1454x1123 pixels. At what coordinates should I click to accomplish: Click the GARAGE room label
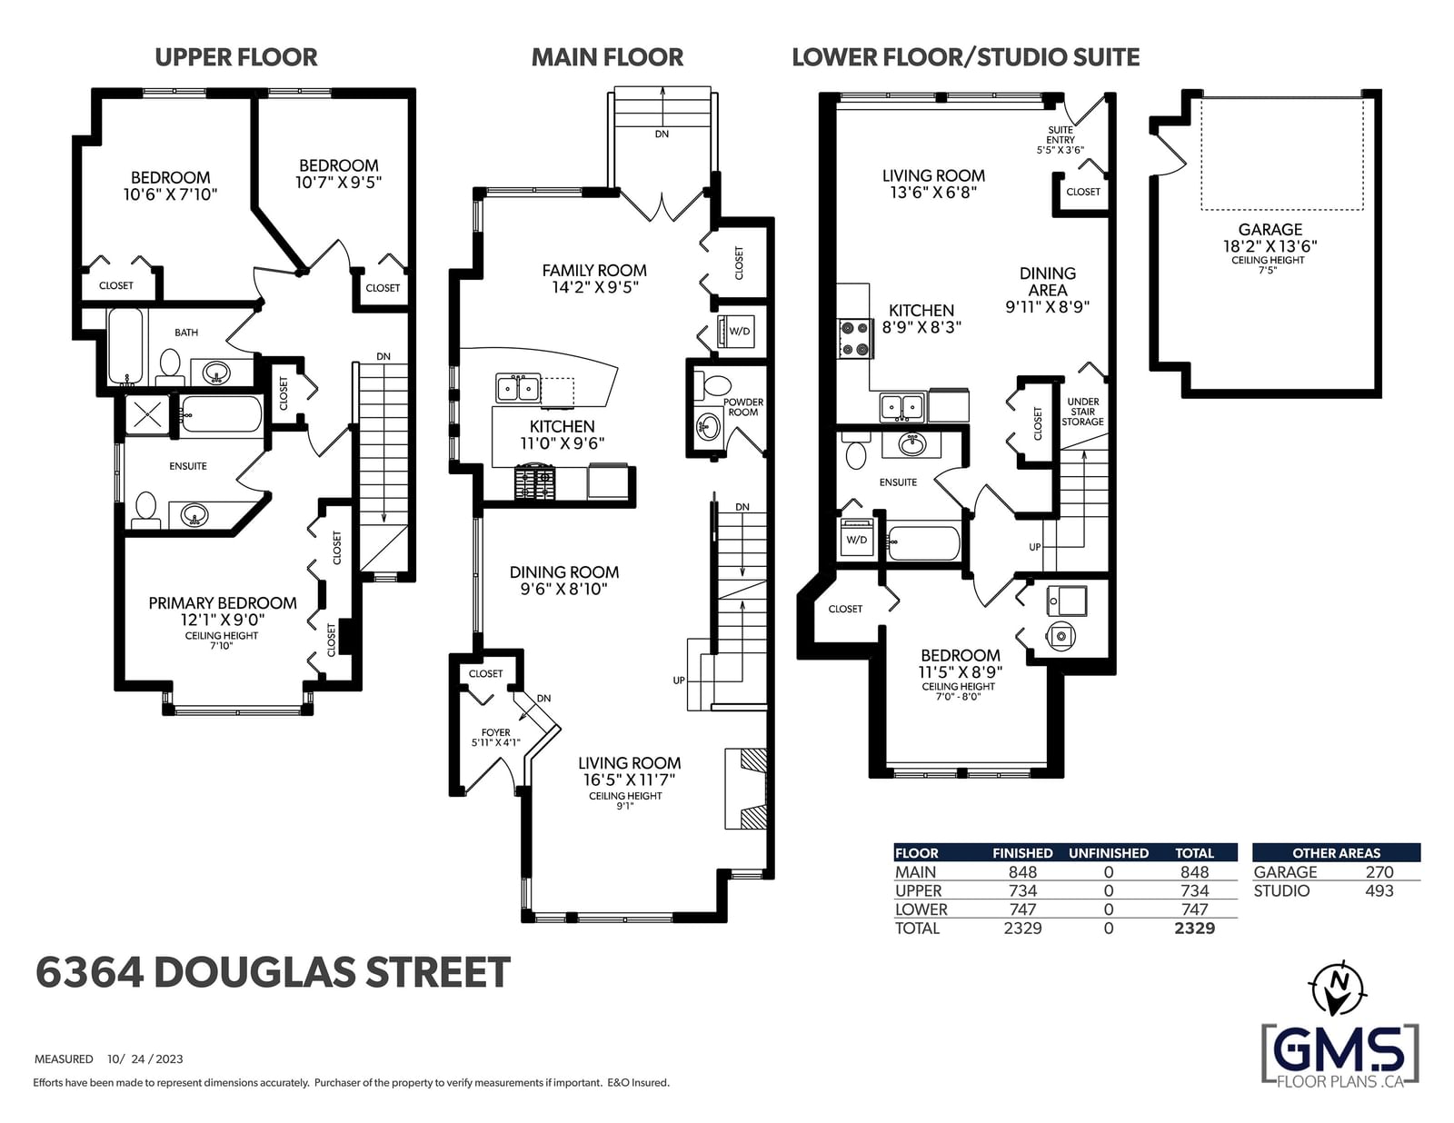tap(1270, 230)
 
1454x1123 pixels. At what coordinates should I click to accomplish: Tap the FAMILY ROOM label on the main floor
tap(594, 271)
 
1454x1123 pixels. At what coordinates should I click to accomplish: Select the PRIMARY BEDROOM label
tap(222, 603)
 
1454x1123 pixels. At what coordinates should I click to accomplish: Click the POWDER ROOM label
tap(742, 407)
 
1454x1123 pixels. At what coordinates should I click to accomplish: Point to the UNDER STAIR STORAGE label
tap(1082, 412)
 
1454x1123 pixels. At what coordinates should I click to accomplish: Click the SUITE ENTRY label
tap(1060, 134)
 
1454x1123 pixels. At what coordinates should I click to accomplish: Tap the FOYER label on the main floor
tap(495, 732)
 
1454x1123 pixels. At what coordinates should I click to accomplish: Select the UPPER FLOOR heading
tap(236, 57)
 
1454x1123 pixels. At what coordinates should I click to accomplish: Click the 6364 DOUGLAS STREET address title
tap(273, 972)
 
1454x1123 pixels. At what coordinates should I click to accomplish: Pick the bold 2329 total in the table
tap(1194, 928)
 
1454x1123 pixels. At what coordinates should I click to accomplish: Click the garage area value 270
tap(1379, 871)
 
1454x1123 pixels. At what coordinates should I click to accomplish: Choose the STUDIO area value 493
tap(1379, 890)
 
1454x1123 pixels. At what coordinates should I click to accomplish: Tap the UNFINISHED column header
tap(1108, 853)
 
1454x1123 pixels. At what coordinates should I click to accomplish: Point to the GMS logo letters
tap(1340, 1050)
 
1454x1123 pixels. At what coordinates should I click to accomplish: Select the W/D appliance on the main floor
tap(736, 331)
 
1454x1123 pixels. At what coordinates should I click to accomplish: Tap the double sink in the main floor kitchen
tap(518, 388)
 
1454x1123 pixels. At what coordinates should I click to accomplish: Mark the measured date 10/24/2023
tap(144, 1058)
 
